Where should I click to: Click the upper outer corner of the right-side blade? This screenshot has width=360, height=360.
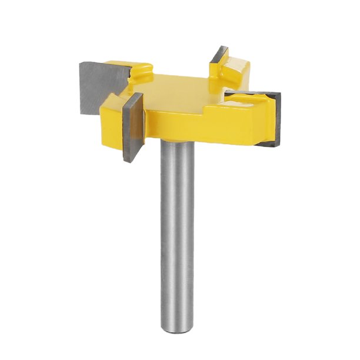point(281,94)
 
